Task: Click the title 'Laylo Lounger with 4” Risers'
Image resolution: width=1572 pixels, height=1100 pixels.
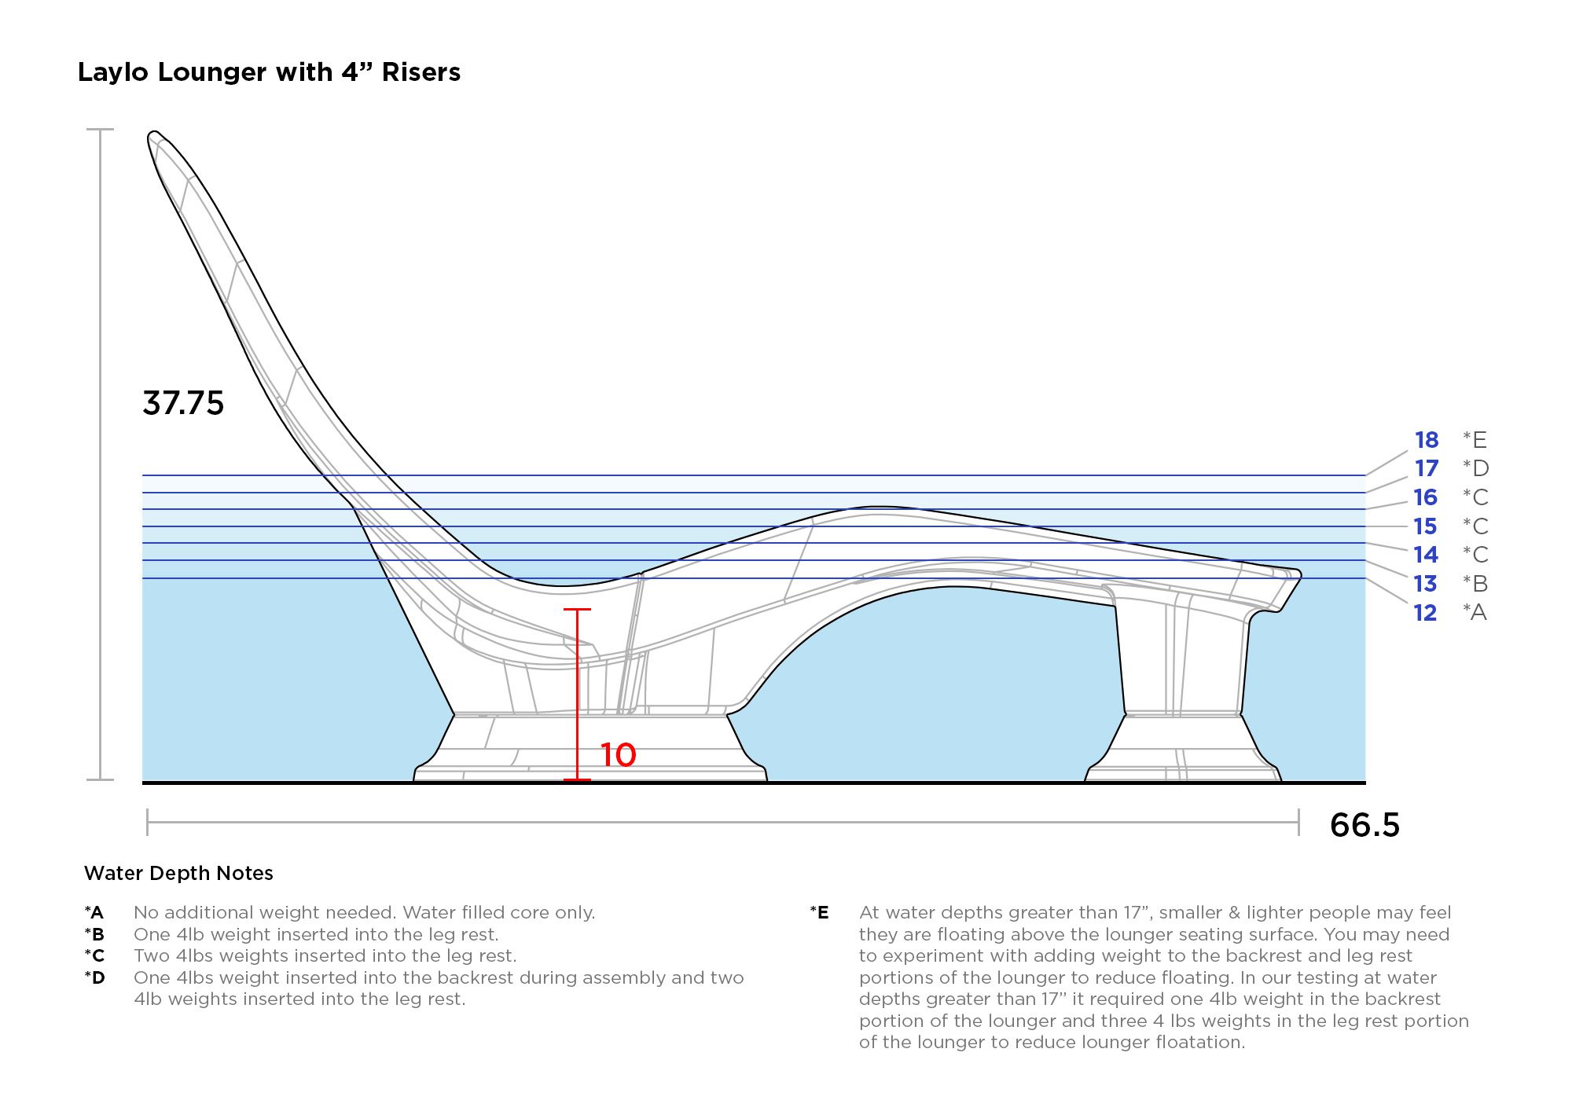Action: pos(269,72)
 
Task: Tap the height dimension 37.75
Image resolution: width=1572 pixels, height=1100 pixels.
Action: pos(183,403)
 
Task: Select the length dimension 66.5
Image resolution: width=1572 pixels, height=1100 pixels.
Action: pos(1364,825)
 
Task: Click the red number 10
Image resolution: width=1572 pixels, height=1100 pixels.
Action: pos(618,755)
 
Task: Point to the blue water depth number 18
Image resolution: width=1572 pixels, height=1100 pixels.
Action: pos(1426,440)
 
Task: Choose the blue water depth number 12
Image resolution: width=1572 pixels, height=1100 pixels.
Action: pos(1425,613)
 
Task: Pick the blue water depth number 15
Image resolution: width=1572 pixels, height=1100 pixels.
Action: pos(1425,526)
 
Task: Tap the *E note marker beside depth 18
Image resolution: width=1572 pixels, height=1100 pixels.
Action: pos(1475,440)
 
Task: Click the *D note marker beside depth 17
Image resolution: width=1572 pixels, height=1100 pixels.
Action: pos(1475,468)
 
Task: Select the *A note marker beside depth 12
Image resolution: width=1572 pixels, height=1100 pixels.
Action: pos(1475,613)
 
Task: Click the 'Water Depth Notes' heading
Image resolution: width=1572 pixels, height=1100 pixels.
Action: pos(178,874)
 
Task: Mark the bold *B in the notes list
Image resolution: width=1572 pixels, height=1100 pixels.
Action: pos(94,935)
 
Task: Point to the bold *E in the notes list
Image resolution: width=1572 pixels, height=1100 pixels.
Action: pos(819,913)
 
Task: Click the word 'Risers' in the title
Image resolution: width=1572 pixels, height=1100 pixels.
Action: pos(421,72)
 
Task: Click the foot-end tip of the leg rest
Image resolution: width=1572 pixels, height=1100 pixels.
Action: pos(1298,575)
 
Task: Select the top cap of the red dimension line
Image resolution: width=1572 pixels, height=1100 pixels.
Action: pos(577,610)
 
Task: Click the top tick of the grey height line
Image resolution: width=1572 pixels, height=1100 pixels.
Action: pos(100,130)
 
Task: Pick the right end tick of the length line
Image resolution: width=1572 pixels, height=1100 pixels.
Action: pos(1298,822)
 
